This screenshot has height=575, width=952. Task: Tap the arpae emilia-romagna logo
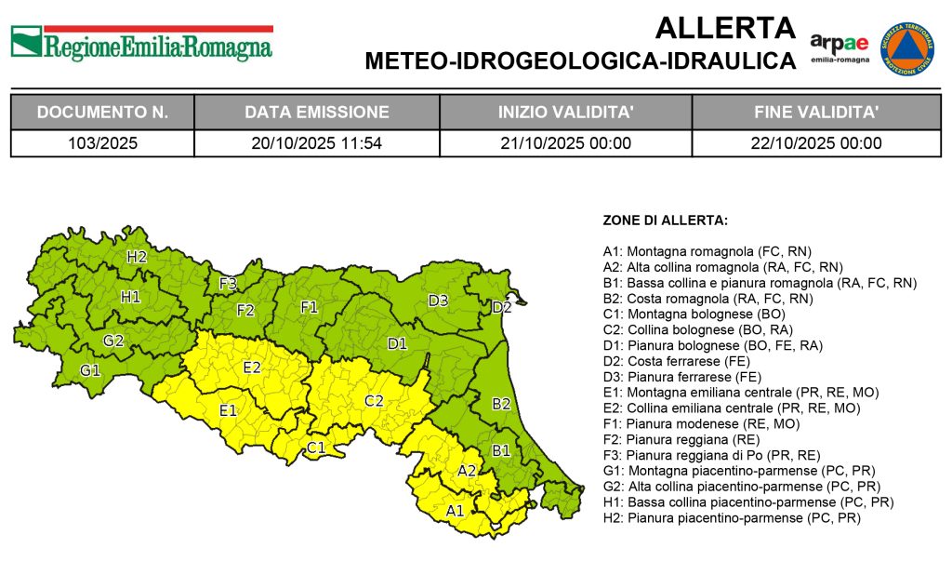[839, 47]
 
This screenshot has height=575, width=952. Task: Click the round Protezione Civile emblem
[906, 49]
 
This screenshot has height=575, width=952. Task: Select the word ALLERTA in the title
[725, 29]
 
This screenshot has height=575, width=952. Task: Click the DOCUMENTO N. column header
[102, 113]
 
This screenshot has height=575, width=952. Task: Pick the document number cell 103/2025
[102, 143]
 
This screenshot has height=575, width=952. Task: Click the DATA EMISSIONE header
[317, 113]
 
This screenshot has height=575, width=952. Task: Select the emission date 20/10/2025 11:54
[317, 143]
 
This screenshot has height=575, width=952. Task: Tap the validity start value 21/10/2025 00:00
[565, 143]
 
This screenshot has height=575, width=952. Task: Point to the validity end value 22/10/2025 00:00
[815, 143]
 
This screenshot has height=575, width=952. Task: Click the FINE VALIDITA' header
[815, 113]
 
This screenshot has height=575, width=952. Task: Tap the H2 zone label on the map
[137, 257]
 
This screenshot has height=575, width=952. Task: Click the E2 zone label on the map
[251, 368]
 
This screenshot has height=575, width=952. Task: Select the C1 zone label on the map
[316, 448]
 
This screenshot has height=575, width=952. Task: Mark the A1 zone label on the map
[455, 511]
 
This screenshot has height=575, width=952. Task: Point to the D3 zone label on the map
[438, 301]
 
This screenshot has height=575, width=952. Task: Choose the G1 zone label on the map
[89, 370]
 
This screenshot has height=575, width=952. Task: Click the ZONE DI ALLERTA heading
[665, 221]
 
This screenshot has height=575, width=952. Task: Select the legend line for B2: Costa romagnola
[708, 299]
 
